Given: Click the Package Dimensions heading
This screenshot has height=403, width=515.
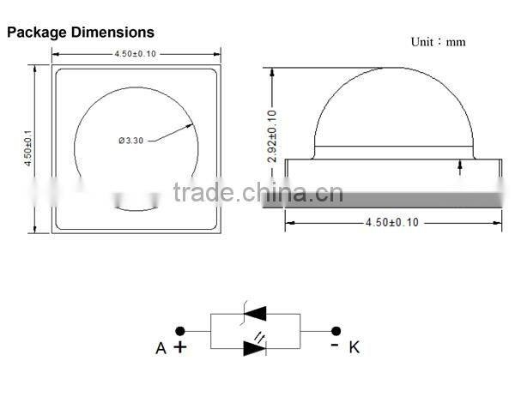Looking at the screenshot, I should tap(81, 33).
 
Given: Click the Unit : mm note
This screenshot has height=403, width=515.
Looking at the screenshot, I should tap(438, 41).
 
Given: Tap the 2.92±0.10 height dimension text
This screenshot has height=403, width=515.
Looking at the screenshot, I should tap(273, 136).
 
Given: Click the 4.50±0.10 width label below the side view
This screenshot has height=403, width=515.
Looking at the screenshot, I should tap(392, 222).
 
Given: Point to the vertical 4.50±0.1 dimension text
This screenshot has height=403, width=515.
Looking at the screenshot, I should tap(28, 147).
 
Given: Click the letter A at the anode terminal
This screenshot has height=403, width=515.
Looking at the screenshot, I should tap(161, 347).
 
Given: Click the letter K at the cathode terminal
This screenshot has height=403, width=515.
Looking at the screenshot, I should tap(354, 347).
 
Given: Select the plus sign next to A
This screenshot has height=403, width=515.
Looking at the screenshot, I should tap(180, 346).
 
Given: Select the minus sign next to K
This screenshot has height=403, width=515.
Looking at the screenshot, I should tap(334, 345).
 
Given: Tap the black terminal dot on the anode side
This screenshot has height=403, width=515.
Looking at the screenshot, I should tap(180, 330).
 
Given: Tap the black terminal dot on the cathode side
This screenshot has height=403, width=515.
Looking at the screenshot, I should tap(336, 330).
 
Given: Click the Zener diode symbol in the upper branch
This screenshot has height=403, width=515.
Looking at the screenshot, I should tap(255, 314).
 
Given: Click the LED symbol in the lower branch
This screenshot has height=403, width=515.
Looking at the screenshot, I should tap(255, 347).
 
